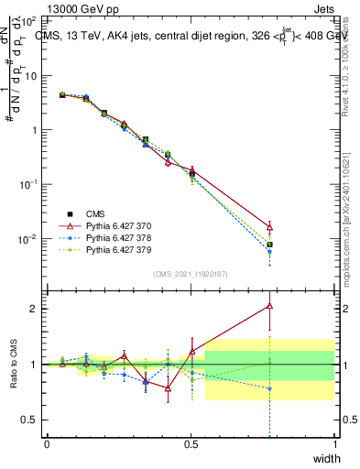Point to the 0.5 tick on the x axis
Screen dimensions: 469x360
(191, 443)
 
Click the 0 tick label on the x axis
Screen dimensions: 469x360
(47, 443)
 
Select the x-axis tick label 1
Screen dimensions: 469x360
(335, 443)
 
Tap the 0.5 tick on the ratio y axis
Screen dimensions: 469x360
(30, 420)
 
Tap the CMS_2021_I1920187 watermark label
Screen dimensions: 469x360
(191, 274)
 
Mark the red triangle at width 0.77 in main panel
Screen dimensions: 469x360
(269, 226)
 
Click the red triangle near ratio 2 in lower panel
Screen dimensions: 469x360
(269, 306)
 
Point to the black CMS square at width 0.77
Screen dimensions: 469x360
(269, 245)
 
